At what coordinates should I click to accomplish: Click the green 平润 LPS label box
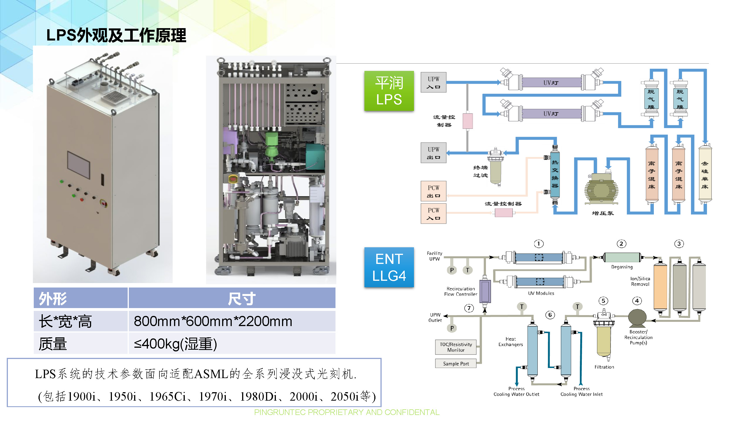click(389, 91)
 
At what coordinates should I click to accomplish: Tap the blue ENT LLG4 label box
click(389, 267)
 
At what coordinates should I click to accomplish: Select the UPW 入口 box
click(433, 82)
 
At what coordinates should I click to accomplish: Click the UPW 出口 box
click(433, 153)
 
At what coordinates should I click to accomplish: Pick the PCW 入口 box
click(433, 214)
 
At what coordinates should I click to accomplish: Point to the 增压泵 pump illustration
click(601, 189)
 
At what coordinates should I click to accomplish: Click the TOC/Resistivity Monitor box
click(456, 347)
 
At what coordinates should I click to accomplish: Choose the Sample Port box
click(456, 363)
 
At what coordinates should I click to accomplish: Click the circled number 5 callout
click(603, 301)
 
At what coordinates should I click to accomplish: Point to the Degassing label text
click(621, 267)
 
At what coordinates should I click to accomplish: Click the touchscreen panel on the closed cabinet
click(79, 165)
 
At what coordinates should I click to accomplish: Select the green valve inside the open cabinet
click(272, 147)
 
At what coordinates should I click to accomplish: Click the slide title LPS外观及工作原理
click(116, 35)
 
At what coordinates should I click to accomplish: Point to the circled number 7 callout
click(469, 308)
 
